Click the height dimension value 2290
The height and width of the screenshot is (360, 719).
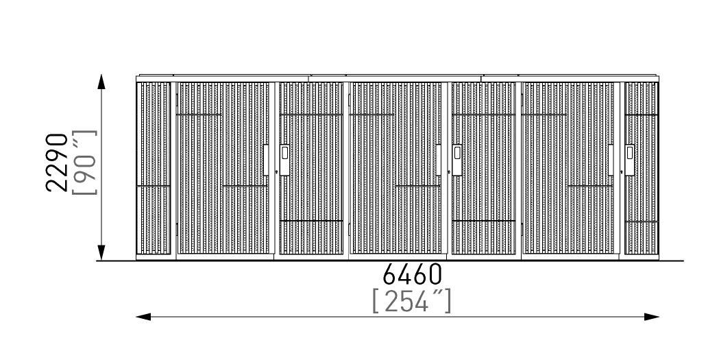tap(57, 163)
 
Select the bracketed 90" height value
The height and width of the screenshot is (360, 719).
tap(85, 163)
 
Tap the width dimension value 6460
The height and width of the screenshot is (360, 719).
tap(412, 274)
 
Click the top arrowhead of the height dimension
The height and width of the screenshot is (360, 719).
tap(101, 82)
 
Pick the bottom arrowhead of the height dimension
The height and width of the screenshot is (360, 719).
tap(101, 253)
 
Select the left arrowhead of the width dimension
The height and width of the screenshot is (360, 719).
tap(143, 316)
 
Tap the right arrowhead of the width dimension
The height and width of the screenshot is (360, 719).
tap(652, 316)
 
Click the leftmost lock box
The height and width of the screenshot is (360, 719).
tap(284, 160)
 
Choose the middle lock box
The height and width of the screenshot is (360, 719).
tap(456, 160)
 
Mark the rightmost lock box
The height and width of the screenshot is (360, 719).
tap(630, 160)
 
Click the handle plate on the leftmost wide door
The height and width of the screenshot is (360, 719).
tap(266, 160)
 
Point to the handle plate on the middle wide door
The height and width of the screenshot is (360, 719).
tap(439, 160)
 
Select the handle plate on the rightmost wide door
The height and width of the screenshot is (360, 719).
tap(611, 160)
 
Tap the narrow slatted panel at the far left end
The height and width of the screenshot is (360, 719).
tap(154, 168)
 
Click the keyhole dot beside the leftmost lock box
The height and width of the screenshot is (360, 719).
tap(276, 172)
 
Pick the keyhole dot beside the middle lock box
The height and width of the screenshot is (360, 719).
tap(449, 172)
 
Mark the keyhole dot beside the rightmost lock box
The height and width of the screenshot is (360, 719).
tap(622, 172)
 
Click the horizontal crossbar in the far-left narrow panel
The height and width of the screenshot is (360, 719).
tap(154, 187)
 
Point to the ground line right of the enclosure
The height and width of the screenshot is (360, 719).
tap(671, 261)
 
